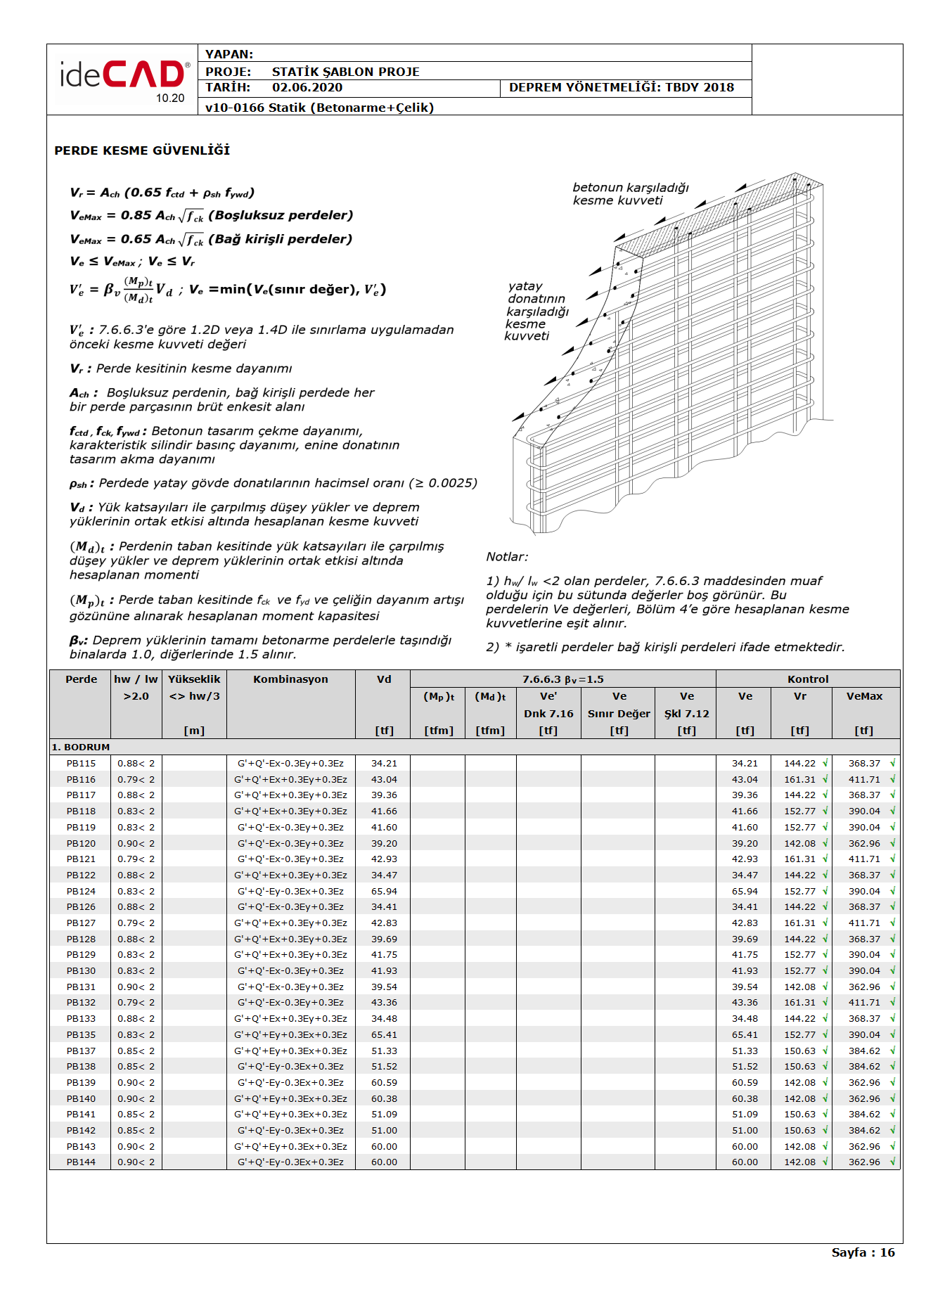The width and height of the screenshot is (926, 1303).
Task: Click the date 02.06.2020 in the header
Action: [x=307, y=88]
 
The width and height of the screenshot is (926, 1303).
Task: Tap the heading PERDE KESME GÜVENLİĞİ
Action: [x=142, y=150]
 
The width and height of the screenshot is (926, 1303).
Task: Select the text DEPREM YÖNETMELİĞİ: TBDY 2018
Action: [x=621, y=88]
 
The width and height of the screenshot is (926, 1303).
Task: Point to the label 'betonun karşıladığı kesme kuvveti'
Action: [x=630, y=194]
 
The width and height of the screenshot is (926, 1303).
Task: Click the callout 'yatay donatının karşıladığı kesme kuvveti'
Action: [x=536, y=311]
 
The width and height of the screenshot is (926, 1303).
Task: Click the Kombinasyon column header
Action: [x=290, y=679]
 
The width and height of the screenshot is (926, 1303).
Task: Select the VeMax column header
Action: [x=864, y=696]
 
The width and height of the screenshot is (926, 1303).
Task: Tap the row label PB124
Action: [x=81, y=892]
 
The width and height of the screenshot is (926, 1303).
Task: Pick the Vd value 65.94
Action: [x=384, y=892]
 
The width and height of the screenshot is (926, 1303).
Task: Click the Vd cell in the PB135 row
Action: [x=384, y=1035]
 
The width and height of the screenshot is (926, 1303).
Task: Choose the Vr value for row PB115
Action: [x=799, y=764]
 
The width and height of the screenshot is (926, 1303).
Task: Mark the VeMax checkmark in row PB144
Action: [x=892, y=1162]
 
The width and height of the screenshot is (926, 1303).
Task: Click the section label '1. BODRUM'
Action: [x=80, y=747]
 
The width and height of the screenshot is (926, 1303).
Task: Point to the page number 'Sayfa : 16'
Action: [x=863, y=1252]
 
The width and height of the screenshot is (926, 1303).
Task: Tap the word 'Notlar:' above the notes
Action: [x=507, y=557]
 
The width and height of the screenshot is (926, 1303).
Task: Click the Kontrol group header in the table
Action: [x=808, y=679]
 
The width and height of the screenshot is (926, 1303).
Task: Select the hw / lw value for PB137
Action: [x=136, y=1051]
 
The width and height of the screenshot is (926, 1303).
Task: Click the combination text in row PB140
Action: [x=290, y=1099]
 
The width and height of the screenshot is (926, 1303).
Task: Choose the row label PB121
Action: [x=81, y=859]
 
